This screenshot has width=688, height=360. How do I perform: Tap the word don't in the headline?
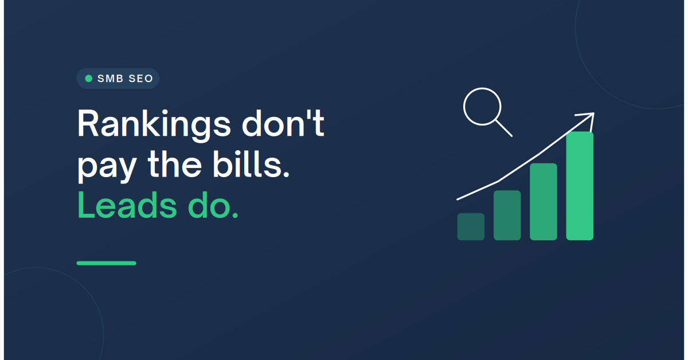pos(283,122)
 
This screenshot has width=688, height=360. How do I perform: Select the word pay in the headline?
pos(107,168)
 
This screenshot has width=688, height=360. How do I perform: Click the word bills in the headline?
pos(247,163)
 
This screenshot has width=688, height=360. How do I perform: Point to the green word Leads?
pos(127,205)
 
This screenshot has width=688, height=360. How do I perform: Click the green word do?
pos(209,205)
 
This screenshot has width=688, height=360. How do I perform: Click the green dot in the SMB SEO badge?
pos(88,79)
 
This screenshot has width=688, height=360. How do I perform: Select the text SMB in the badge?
pos(110,79)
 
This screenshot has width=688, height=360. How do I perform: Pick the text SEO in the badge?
pos(140,79)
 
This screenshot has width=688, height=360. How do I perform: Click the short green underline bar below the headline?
pos(106,263)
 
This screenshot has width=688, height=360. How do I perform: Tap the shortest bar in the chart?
pos(471,226)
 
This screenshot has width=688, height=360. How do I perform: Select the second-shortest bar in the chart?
pos(507,216)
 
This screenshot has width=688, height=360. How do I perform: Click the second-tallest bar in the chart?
pos(544,202)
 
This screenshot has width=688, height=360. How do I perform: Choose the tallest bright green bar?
pos(580,186)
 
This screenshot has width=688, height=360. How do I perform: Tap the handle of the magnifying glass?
pos(504,128)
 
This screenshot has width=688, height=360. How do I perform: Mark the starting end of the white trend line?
pos(458,199)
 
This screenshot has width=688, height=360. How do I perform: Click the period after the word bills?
pos(286,174)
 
